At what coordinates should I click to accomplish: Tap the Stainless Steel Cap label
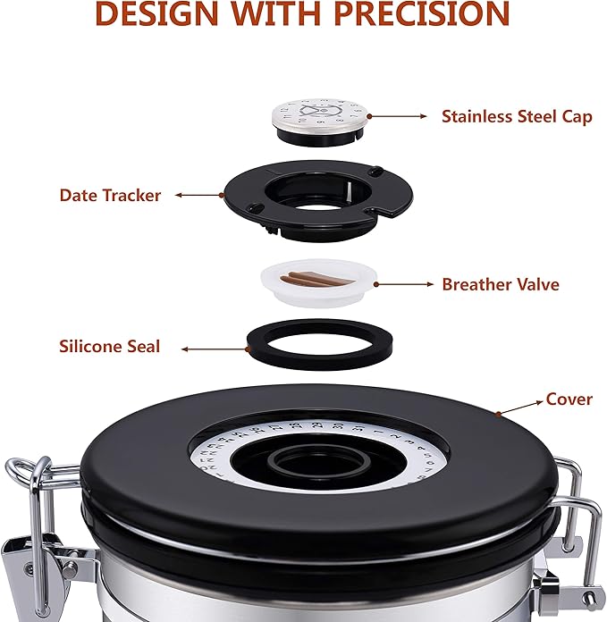click(x=516, y=116)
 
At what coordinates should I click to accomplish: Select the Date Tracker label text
click(x=110, y=195)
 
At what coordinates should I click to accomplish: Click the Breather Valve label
click(x=500, y=284)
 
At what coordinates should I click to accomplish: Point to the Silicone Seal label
click(x=110, y=346)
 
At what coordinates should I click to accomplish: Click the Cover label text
click(x=569, y=399)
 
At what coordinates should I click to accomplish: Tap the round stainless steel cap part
click(x=321, y=116)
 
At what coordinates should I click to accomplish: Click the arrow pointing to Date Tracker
click(x=198, y=194)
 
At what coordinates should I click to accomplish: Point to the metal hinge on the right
click(x=572, y=536)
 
